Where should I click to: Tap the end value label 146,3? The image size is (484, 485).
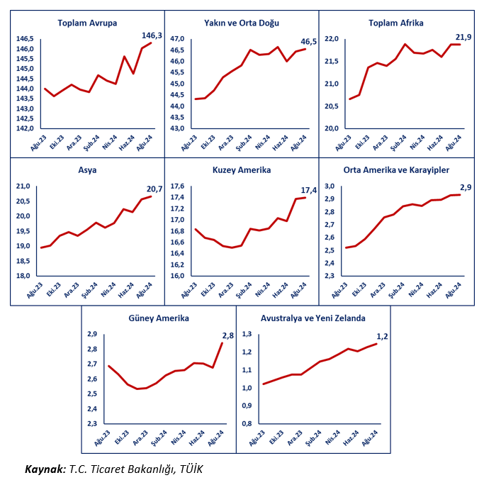point(152,35)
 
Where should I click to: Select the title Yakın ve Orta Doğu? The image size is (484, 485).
point(241,23)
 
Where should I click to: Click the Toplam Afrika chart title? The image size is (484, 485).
point(395,23)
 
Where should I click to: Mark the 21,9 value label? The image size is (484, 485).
point(461,36)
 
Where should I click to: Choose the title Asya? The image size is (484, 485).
point(87,170)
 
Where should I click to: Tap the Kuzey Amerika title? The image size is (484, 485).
point(241,170)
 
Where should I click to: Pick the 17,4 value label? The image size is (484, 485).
point(309,191)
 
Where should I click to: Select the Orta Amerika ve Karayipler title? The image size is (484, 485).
point(396,170)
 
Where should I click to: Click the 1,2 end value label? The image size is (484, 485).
point(383,336)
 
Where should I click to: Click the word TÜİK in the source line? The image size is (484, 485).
point(191,469)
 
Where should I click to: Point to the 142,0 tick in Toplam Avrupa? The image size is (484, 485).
point(25,128)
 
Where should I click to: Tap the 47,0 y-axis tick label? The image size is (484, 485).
point(176,38)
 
